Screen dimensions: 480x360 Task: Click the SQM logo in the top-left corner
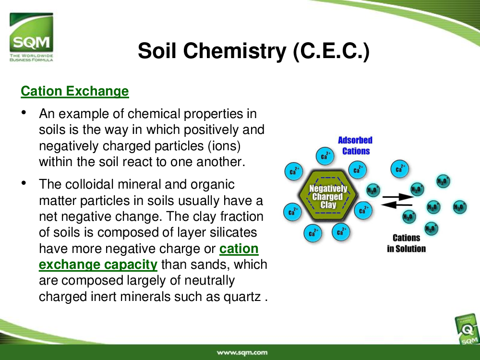tap(31, 37)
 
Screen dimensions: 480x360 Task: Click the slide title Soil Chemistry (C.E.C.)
tap(254, 51)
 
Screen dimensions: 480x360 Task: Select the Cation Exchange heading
tap(75, 91)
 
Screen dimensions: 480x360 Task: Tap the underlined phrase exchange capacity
tap(98, 264)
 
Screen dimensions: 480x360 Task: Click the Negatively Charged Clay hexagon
tap(328, 196)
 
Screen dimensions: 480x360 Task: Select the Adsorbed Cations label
tap(355, 146)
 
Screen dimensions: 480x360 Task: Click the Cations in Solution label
tap(406, 243)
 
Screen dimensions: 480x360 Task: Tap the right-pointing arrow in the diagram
tap(398, 196)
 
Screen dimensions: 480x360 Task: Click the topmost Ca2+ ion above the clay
tap(325, 156)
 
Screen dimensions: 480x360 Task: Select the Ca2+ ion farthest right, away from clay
tap(399, 168)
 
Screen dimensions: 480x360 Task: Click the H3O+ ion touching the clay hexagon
tap(373, 190)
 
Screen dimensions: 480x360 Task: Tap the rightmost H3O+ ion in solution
tap(459, 207)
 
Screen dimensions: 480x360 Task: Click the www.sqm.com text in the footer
tap(242, 352)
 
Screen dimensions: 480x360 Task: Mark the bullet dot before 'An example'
tap(24, 112)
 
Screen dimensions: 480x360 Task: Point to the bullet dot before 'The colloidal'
tap(24, 183)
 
